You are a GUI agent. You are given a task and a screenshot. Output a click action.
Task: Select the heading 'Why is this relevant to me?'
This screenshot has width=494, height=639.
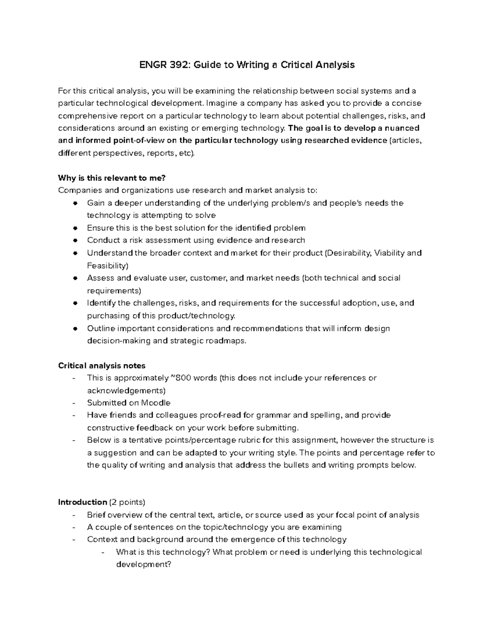coord(112,178)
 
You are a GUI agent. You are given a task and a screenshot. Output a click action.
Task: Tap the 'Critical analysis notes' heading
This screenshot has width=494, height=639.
coord(102,365)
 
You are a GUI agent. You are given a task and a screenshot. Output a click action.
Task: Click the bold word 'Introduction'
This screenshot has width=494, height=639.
coord(82,502)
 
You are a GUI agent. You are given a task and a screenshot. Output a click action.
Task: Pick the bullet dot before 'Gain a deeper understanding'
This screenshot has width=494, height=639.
coord(75,203)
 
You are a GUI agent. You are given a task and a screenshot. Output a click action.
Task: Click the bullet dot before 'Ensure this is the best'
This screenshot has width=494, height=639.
coord(75,228)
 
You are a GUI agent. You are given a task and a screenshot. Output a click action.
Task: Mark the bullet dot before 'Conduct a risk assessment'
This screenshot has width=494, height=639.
coord(75,241)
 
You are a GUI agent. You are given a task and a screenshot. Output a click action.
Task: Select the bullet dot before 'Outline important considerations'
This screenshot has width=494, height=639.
coord(75,329)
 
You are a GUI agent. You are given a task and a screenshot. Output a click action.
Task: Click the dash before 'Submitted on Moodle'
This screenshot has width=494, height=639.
coord(74,403)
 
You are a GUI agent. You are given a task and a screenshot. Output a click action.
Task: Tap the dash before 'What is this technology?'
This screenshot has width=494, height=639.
coord(103,553)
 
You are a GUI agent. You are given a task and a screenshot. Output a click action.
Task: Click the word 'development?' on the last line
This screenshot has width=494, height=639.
coord(143,565)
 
